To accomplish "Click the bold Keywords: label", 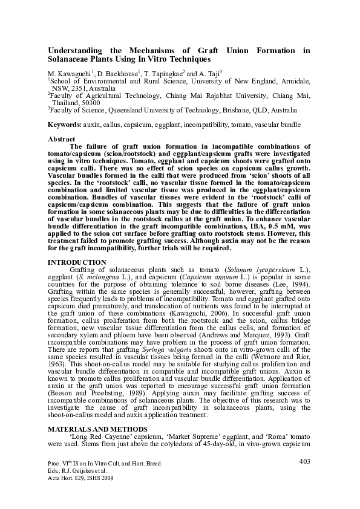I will [65, 125].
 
